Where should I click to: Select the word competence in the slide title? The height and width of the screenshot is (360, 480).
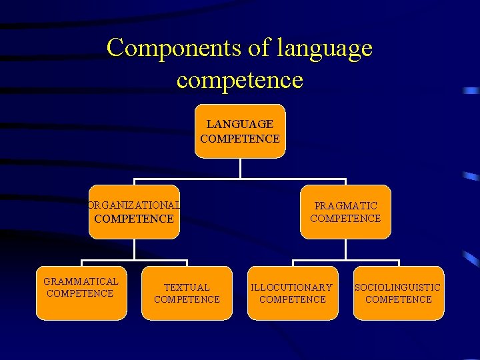click(x=240, y=81)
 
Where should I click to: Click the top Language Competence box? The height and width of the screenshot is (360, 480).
click(x=240, y=131)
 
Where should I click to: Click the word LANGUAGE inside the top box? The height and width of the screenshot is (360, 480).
click(x=240, y=124)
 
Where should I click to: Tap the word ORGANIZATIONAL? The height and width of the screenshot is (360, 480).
click(x=134, y=205)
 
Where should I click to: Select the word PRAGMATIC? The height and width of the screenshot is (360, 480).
click(x=345, y=206)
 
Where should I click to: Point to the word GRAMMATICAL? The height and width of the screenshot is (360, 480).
click(x=81, y=281)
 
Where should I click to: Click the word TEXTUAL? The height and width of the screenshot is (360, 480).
click(x=187, y=287)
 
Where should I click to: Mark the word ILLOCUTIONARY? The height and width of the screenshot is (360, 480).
click(x=292, y=287)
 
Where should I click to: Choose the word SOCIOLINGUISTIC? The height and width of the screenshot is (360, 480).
click(x=398, y=287)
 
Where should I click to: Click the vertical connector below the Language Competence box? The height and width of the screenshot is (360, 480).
click(x=240, y=168)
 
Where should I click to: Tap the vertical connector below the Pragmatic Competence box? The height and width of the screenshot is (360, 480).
click(x=345, y=249)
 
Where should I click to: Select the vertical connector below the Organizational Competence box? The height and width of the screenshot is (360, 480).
click(x=134, y=249)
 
